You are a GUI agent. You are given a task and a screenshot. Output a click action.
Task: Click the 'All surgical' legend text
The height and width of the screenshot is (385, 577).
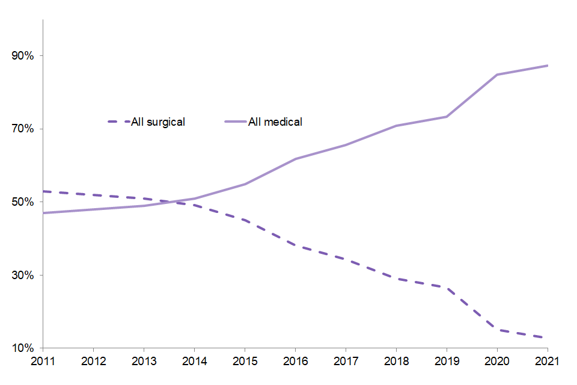coord(157,122)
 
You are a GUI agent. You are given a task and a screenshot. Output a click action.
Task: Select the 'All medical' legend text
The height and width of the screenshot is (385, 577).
coord(275,122)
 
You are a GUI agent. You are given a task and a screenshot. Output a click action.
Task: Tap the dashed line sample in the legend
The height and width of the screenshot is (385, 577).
coord(118,122)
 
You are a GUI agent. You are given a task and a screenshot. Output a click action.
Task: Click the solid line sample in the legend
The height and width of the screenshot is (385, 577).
coord(236,122)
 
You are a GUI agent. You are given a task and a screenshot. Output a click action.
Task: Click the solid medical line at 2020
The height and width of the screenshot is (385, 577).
coord(497,75)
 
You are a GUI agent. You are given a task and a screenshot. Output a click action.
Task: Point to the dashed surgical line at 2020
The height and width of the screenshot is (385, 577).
coord(497,330)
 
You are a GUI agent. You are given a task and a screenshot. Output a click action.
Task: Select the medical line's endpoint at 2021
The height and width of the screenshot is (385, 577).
coord(547,66)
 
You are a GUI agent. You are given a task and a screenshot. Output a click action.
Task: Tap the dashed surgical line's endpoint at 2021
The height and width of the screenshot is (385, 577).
coord(547,337)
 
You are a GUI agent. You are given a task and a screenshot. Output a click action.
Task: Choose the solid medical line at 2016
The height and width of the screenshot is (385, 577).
coord(295,159)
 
